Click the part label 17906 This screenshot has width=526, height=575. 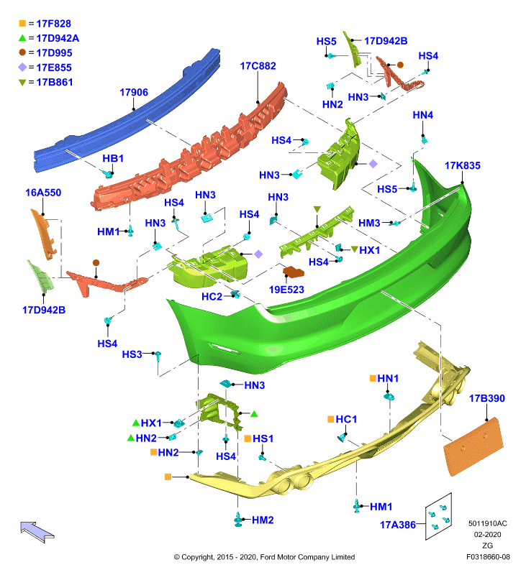[x=134, y=92]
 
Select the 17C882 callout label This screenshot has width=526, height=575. [x=258, y=66]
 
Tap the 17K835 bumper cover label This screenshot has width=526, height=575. [x=462, y=165]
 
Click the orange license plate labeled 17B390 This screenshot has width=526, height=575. [x=473, y=446]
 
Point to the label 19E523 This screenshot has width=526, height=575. [x=286, y=290]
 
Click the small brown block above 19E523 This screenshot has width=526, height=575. [x=294, y=272]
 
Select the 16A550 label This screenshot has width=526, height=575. [x=43, y=193]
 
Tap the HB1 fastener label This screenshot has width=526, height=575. [x=113, y=158]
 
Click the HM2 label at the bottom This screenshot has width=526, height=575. [x=263, y=520]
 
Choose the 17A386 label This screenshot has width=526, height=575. [x=397, y=525]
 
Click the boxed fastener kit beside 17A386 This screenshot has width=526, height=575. [x=438, y=516]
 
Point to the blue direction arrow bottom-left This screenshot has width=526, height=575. [x=37, y=532]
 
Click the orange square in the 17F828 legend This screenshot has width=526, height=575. [x=22, y=24]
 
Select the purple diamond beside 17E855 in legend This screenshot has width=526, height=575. [x=22, y=68]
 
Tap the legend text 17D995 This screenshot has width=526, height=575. [x=54, y=52]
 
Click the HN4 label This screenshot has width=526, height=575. [x=423, y=115]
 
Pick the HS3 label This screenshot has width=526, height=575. [x=132, y=354]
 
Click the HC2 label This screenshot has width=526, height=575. [x=212, y=296]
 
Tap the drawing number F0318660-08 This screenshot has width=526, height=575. [x=488, y=557]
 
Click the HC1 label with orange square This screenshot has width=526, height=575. [x=342, y=419]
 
